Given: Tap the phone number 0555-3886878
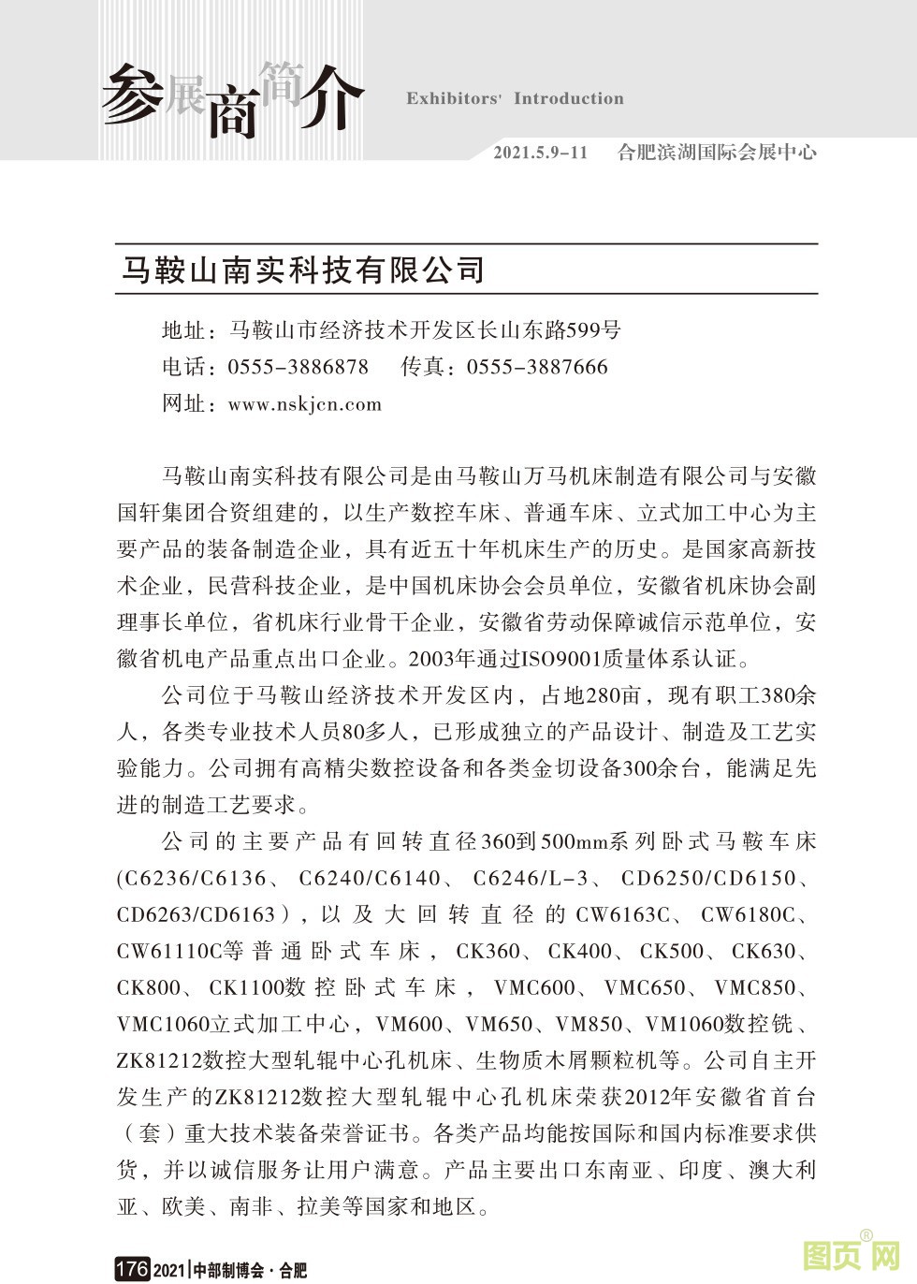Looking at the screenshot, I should (298, 367).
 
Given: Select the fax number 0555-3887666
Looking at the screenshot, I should (537, 367).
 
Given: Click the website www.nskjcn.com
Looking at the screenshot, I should (305, 404).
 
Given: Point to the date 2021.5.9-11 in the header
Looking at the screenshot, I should (540, 153).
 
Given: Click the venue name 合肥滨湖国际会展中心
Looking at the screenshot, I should (717, 153).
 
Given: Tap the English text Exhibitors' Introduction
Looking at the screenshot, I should (515, 99).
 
